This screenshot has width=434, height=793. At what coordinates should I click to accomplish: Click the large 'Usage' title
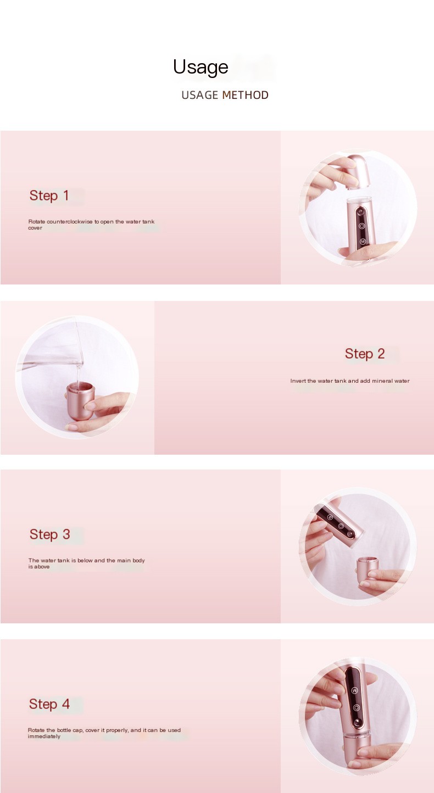click(x=201, y=67)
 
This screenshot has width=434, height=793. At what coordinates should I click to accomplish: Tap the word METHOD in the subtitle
click(x=245, y=95)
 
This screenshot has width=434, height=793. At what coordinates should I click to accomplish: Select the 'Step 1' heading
click(x=49, y=196)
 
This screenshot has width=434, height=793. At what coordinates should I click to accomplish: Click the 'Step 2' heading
click(x=365, y=354)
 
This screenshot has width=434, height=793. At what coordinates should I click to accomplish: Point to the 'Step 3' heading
click(x=49, y=534)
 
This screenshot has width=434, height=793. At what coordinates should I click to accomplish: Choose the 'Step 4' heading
click(x=49, y=704)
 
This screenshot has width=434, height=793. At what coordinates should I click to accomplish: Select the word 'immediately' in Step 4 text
click(x=44, y=736)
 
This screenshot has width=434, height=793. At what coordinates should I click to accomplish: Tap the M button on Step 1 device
click(x=363, y=242)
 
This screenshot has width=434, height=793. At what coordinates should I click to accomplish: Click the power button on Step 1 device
click(x=361, y=226)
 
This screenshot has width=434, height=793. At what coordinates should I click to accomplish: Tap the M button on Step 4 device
click(x=355, y=690)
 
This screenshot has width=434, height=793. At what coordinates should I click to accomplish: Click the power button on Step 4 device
click(x=356, y=708)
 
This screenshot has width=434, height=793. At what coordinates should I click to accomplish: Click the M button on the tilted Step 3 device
click(x=330, y=517)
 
